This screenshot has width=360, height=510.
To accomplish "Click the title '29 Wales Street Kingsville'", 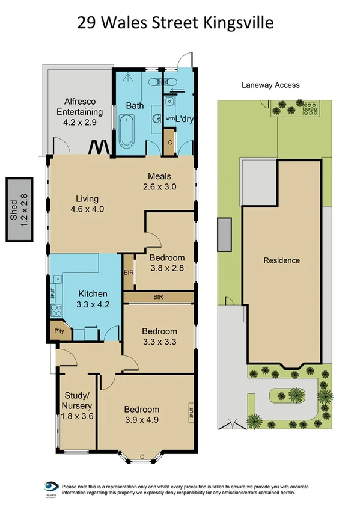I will coord(176,23).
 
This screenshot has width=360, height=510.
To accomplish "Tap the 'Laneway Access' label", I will coord(270,85).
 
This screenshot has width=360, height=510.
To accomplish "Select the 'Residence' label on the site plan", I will coord(281,260).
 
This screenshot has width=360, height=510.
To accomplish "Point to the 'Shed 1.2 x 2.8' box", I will coord(19,209).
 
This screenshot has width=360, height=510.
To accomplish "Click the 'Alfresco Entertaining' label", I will coord(79,111).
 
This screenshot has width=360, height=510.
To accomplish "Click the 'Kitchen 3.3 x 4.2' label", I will coord(93,298).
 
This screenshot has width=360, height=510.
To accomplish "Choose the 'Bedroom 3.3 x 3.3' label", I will coord(159,336).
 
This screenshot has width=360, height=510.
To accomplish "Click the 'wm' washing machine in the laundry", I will coord(170,118).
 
